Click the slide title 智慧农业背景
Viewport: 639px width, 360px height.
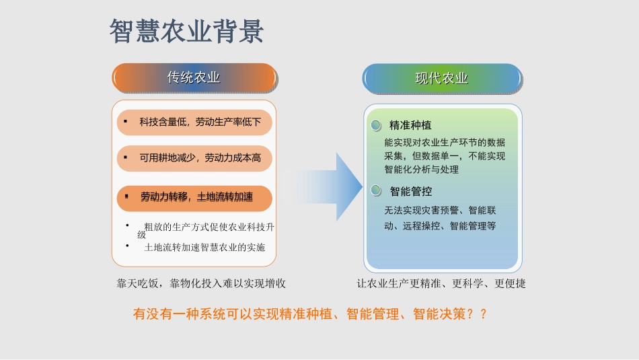click(x=187, y=32)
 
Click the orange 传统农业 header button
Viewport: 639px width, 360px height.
click(x=194, y=78)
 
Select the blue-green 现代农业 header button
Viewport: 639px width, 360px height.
click(x=442, y=78)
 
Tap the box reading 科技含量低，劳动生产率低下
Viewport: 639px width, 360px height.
click(x=194, y=122)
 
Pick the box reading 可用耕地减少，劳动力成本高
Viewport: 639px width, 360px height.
click(x=194, y=158)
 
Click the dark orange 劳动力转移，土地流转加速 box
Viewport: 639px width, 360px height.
click(x=194, y=197)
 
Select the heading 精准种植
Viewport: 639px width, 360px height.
click(x=410, y=126)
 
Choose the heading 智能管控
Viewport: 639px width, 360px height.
click(x=410, y=192)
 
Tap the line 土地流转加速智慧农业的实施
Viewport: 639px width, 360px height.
click(x=204, y=247)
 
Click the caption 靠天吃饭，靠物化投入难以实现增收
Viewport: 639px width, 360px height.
click(x=201, y=283)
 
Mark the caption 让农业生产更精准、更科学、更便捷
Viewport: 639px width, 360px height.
click(x=441, y=283)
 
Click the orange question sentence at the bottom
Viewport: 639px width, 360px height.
click(x=310, y=314)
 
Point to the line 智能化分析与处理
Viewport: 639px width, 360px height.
click(x=422, y=170)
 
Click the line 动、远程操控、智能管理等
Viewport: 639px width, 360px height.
click(x=440, y=226)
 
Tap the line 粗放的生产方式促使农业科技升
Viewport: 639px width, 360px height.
click(x=209, y=227)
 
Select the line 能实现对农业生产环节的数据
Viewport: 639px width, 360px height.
click(x=445, y=143)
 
